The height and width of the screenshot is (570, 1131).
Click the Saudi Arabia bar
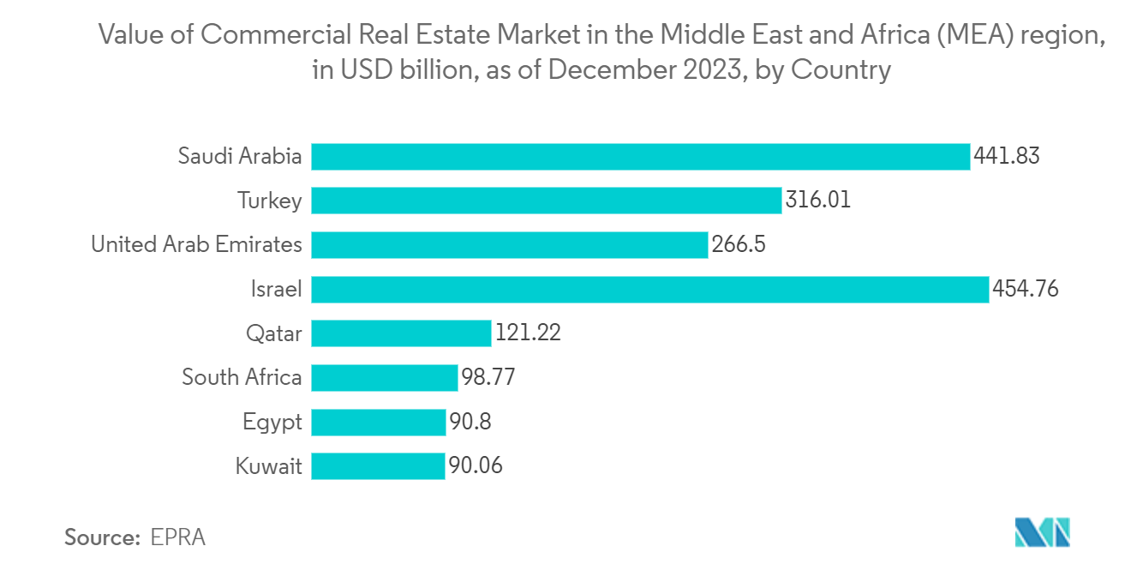(x=640, y=157)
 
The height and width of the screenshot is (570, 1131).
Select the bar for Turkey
(x=547, y=201)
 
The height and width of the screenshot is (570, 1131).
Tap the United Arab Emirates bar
(x=510, y=245)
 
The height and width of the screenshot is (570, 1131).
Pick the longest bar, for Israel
(x=649, y=289)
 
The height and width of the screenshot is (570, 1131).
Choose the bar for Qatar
(x=401, y=333)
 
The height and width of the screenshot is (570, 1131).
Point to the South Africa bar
(x=385, y=377)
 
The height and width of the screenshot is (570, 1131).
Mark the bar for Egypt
(x=379, y=422)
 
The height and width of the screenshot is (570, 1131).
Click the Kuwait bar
(x=378, y=466)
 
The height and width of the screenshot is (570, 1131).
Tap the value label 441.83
(x=1006, y=157)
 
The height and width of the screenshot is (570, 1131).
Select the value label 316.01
(x=817, y=201)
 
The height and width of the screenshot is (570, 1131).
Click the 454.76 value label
(x=1025, y=289)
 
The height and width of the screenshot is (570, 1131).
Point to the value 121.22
(x=528, y=333)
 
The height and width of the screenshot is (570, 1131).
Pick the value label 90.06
(x=475, y=466)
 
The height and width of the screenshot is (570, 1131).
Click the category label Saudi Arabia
(x=240, y=157)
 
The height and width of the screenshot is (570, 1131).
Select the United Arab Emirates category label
(x=196, y=245)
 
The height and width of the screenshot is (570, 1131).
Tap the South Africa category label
(x=242, y=377)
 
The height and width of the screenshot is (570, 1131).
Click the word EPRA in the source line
(x=178, y=537)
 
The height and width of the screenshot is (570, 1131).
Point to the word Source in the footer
(x=101, y=537)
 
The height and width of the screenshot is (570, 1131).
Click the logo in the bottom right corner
(x=1042, y=532)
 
